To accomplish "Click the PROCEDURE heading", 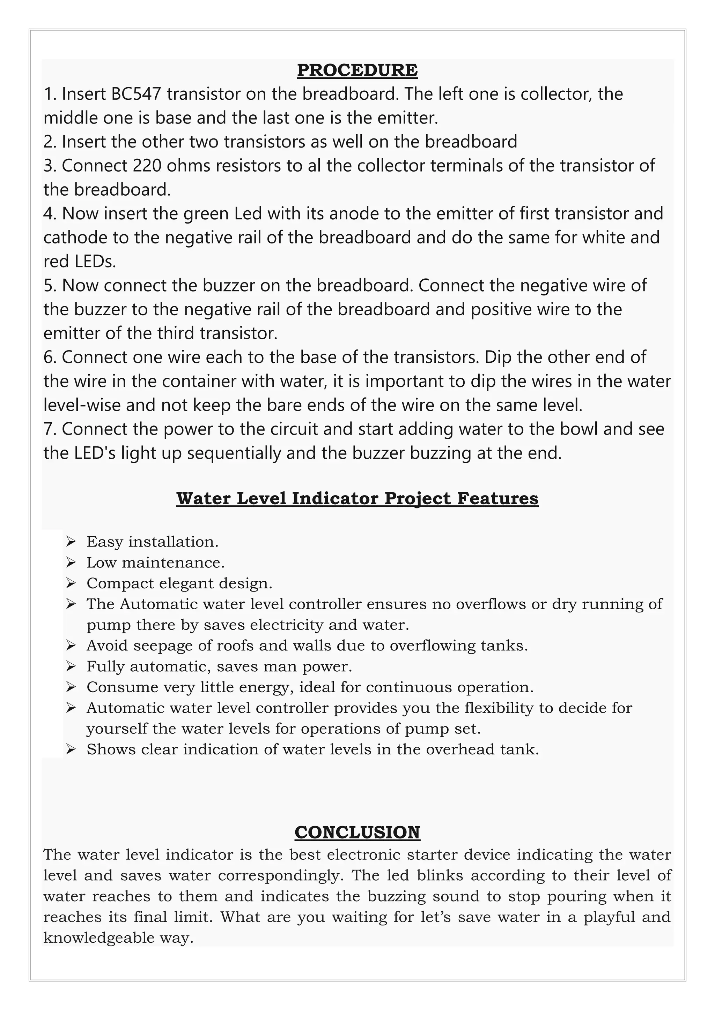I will [x=357, y=70].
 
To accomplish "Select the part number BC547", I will [x=137, y=94].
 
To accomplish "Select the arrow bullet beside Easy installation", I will [x=71, y=542].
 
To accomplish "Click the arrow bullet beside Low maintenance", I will [x=71, y=562].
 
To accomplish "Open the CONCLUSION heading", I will [x=357, y=832].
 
